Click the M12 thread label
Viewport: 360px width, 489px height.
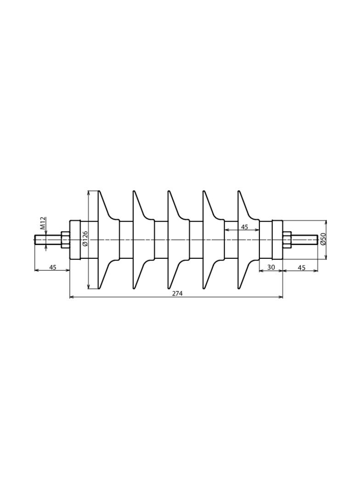(x=44, y=223)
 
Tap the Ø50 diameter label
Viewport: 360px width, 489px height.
(x=323, y=239)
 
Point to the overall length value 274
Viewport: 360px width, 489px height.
(x=177, y=294)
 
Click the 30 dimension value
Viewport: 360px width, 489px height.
(x=271, y=267)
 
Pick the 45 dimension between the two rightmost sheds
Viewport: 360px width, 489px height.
(x=244, y=227)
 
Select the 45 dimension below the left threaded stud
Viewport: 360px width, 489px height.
(x=53, y=267)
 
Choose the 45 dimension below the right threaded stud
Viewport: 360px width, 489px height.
(x=301, y=267)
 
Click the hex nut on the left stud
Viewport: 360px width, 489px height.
(x=65, y=240)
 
